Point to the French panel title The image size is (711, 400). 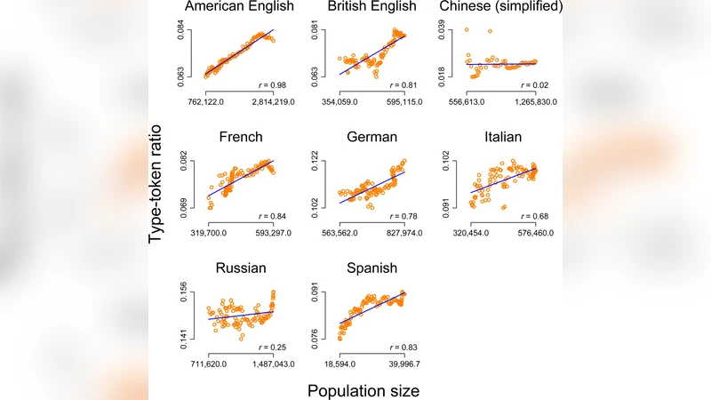(238, 138)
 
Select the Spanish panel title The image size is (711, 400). (372, 268)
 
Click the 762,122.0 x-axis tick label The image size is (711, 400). (210, 103)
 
